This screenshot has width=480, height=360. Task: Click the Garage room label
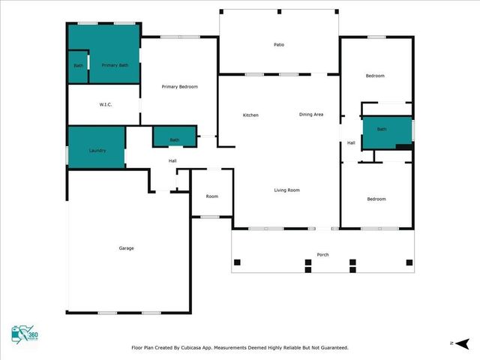coord(126,248)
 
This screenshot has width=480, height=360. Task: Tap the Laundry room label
coord(97,151)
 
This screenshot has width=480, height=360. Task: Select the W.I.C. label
coord(106,104)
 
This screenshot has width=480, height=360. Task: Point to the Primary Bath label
coord(115,65)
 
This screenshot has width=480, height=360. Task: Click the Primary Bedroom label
coord(180,87)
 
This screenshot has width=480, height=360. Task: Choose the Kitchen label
coord(250,115)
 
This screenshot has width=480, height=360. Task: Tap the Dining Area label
coord(311,114)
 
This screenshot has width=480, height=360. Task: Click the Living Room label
coord(286,190)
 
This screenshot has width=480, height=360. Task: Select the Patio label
coord(278,45)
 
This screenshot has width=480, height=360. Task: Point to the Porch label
coord(322,254)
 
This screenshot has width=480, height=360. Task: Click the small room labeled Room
coord(212,196)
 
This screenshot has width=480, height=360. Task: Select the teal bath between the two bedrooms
coord(382,130)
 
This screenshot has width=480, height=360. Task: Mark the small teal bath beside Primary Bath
coord(79,66)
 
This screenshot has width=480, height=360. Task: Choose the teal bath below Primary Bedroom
coord(175,139)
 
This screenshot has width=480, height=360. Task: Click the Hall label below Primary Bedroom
coord(172,161)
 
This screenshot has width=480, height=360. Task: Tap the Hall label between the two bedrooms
coord(351,143)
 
